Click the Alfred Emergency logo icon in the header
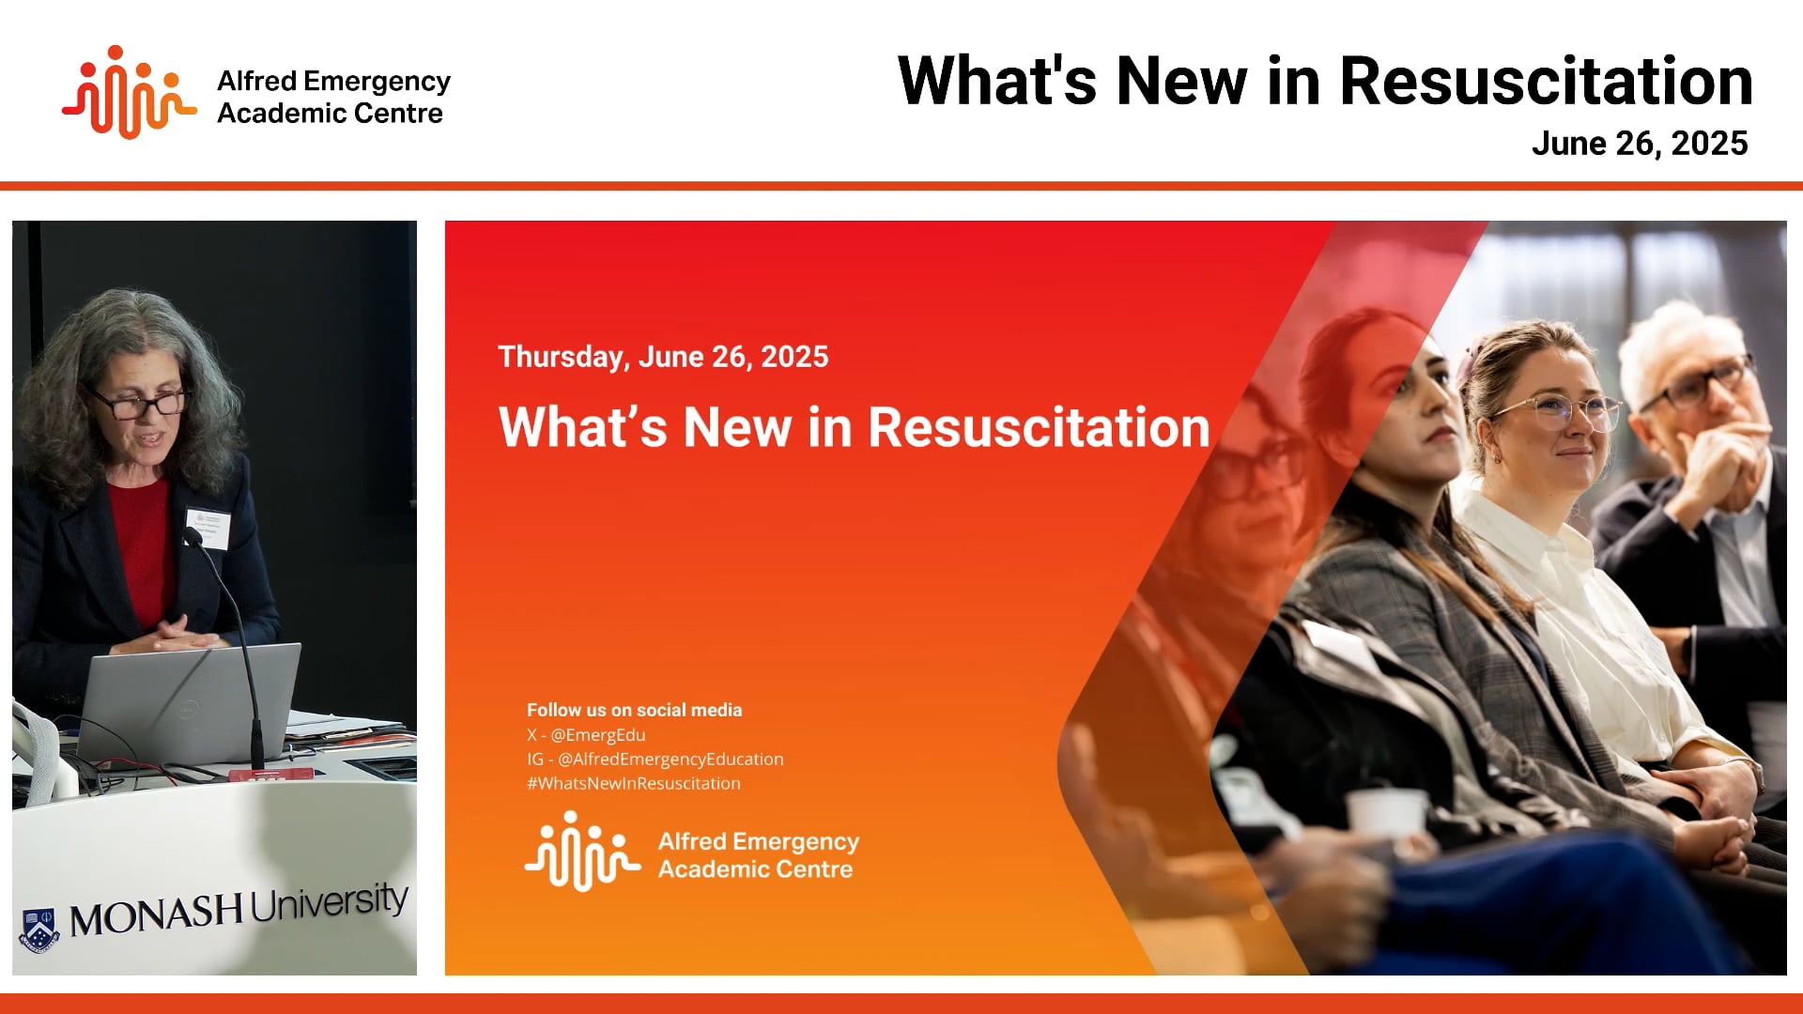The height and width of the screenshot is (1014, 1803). click(129, 93)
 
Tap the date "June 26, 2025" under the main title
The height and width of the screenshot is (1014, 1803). click(1639, 144)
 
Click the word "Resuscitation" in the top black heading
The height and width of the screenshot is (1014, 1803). click(1546, 82)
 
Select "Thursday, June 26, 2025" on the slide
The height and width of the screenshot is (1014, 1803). click(663, 357)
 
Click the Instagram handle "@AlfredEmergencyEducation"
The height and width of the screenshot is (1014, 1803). click(670, 760)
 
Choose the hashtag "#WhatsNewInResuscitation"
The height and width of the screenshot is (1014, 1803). click(634, 784)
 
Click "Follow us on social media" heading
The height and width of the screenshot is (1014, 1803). click(634, 711)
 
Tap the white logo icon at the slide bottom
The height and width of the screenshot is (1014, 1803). click(582, 852)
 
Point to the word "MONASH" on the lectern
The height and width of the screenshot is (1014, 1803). click(156, 914)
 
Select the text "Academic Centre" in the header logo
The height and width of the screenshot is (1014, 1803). click(330, 114)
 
